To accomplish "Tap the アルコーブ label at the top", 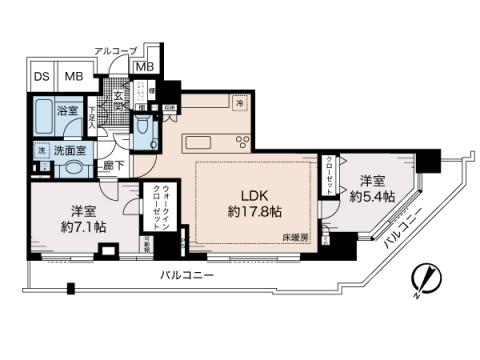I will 116,49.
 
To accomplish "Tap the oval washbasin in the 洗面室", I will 71,168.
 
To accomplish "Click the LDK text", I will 249,194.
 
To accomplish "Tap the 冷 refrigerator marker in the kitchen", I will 240,101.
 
